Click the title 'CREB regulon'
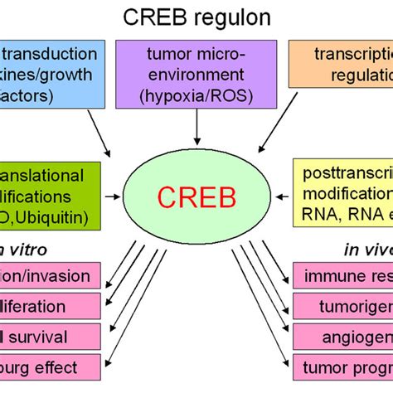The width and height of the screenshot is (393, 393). [x=196, y=17]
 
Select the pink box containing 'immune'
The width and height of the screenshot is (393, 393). [x=342, y=275]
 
